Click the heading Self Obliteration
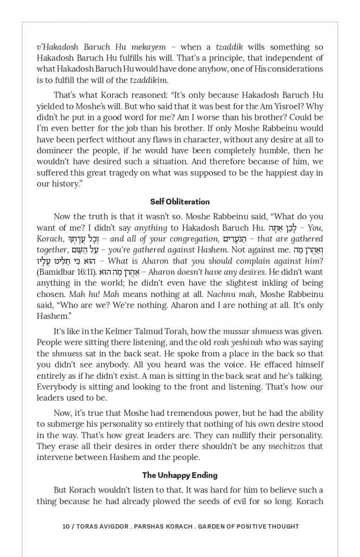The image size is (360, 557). pyautogui.click(x=180, y=202)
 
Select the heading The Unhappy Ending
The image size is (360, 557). pyautogui.click(x=180, y=475)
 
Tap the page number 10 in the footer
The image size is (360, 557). pyautogui.click(x=66, y=526)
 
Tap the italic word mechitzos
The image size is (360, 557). pyautogui.click(x=288, y=447)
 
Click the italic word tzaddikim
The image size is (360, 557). pyautogui.click(x=148, y=80)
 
